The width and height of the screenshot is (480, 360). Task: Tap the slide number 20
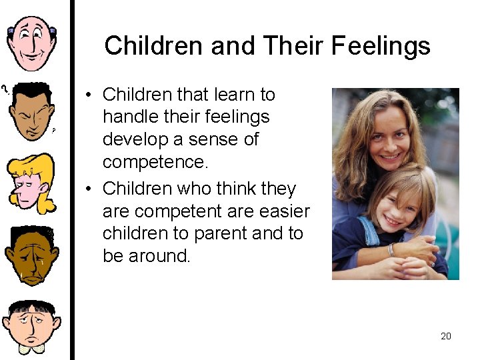pyautogui.click(x=446, y=336)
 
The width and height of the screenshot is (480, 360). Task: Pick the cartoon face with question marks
pyautogui.click(x=31, y=110)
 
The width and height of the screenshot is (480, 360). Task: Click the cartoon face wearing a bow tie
pyautogui.click(x=31, y=327)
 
